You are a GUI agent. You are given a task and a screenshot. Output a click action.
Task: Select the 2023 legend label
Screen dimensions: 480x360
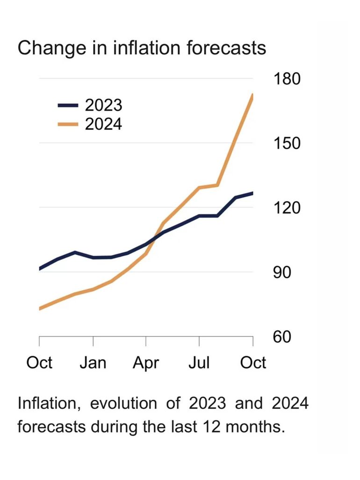pyautogui.click(x=103, y=105)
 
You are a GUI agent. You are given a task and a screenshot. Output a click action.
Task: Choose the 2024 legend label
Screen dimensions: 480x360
pyautogui.click(x=103, y=124)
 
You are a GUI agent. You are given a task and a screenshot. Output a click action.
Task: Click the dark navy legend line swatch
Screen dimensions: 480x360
pyautogui.click(x=68, y=106)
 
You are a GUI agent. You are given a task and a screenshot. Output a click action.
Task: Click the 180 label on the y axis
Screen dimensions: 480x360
pyautogui.click(x=286, y=79)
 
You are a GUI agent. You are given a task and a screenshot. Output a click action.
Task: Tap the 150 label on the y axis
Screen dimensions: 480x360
pyautogui.click(x=286, y=143)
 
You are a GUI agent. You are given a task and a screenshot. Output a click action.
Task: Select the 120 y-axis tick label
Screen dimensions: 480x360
pyautogui.click(x=286, y=208)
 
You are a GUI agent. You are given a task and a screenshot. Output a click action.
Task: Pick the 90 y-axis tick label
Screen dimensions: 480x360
pyautogui.click(x=281, y=272)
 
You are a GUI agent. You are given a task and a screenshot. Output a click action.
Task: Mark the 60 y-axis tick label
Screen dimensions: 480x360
pyautogui.click(x=281, y=337)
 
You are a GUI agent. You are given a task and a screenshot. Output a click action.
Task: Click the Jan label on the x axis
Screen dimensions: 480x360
pyautogui.click(x=93, y=363)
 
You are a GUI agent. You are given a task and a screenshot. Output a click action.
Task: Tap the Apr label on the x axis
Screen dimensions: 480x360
pyautogui.click(x=146, y=363)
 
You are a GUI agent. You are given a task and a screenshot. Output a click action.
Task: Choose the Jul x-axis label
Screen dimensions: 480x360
pyautogui.click(x=200, y=363)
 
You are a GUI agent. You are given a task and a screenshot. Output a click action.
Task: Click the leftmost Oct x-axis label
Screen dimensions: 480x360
pyautogui.click(x=40, y=363)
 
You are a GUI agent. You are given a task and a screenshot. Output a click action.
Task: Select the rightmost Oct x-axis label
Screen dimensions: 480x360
pyautogui.click(x=253, y=363)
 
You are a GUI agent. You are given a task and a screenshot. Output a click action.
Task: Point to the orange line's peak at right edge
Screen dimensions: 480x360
pyautogui.click(x=252, y=96)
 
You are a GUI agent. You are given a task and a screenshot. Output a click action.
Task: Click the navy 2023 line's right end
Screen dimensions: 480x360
pyautogui.click(x=252, y=193)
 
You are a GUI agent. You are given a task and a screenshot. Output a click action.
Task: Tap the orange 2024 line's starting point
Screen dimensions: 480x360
pyautogui.click(x=40, y=308)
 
